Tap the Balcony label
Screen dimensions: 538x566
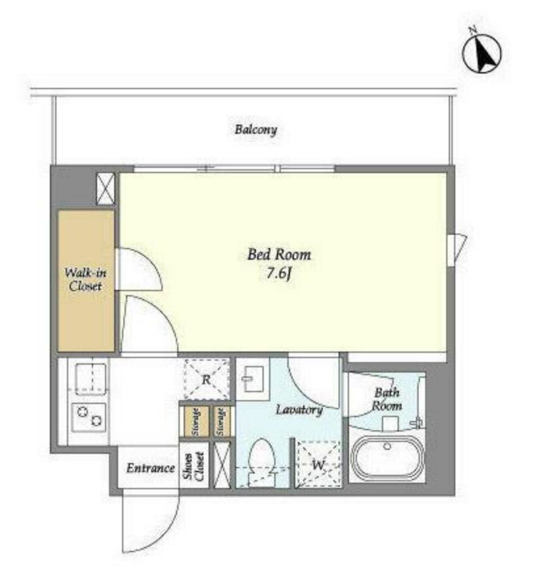256,130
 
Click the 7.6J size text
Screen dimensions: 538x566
279,273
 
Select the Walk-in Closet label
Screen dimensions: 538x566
85,279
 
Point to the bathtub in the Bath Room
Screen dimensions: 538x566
388,458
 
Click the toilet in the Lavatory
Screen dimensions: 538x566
262,462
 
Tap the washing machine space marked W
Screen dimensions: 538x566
318,464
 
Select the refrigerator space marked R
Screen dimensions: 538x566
206,379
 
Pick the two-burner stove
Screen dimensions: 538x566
89,417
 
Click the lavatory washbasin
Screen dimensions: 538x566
253,378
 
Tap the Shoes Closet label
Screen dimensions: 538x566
194,467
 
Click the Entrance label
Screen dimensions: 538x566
150,468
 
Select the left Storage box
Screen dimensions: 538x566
196,421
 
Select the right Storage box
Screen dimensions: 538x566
221,421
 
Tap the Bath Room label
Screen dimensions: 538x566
386,399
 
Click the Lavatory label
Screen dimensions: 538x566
299,410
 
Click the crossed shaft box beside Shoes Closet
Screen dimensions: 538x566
221,465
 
